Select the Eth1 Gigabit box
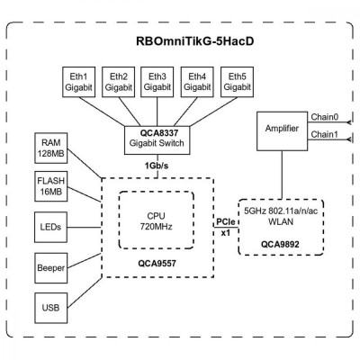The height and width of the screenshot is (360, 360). tap(79, 81)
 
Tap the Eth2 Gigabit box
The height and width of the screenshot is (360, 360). tap(119, 81)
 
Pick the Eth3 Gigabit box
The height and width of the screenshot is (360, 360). tap(157, 81)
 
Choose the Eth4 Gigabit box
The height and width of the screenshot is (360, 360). tap(197, 81)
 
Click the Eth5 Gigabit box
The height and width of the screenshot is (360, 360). tap(237, 81)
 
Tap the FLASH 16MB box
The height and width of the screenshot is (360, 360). tap(51, 187)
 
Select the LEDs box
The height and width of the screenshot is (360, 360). tap(51, 228)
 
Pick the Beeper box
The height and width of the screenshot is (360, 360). tap(51, 268)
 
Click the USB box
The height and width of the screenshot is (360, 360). tap(51, 308)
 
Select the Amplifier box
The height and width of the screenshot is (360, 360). tap(283, 130)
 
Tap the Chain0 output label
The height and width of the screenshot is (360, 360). tap(325, 116)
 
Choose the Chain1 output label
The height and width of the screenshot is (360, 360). tap(325, 134)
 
